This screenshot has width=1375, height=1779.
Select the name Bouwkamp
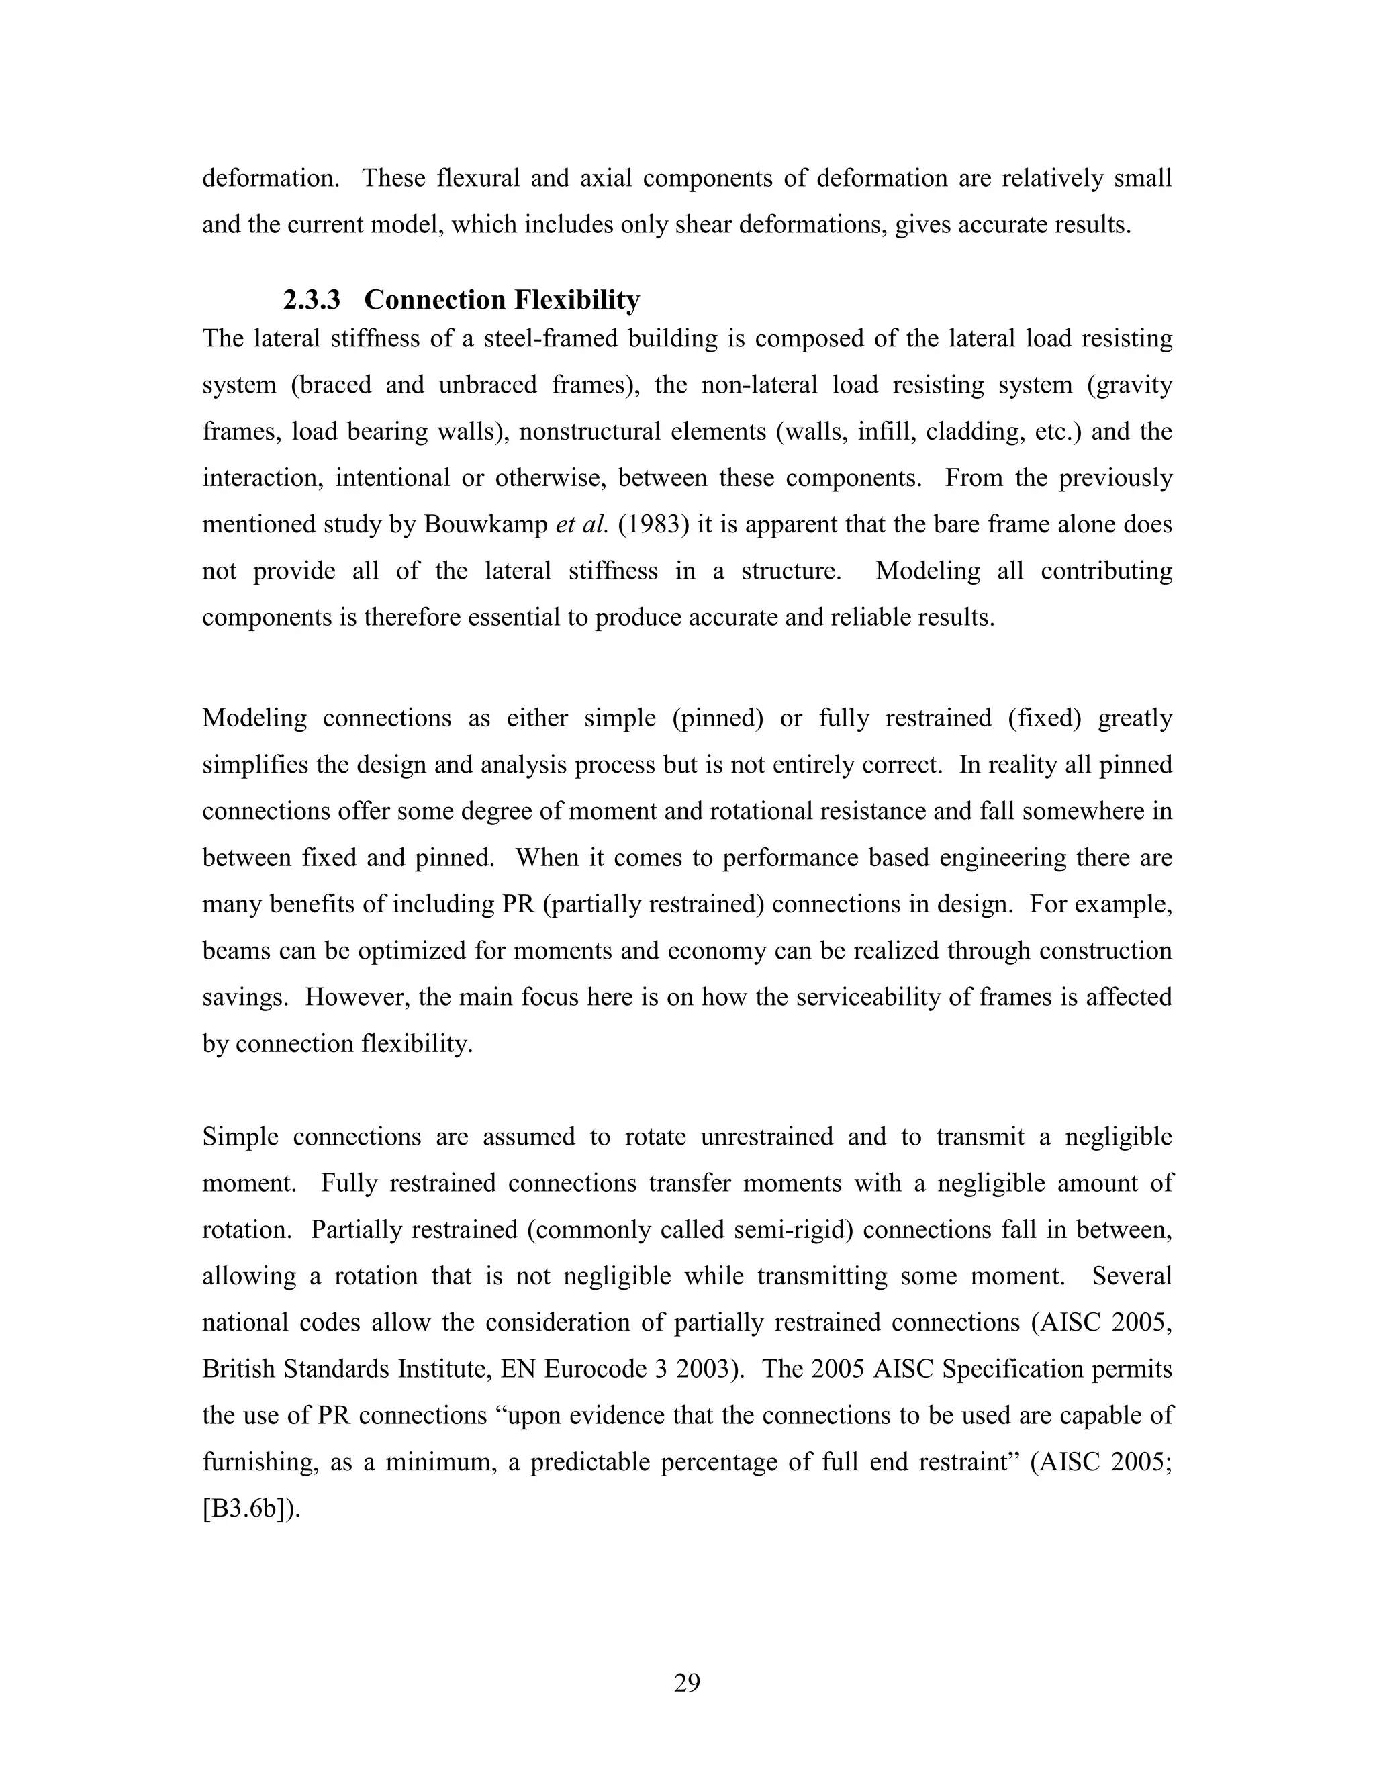(485, 524)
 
